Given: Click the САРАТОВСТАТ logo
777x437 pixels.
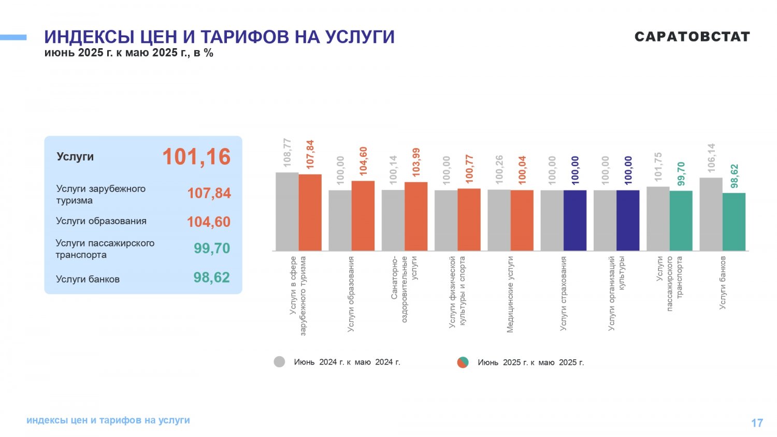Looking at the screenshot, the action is click(693, 36).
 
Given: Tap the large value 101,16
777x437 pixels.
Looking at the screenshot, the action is click(196, 157).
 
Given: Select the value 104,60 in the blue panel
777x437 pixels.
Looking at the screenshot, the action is click(208, 222).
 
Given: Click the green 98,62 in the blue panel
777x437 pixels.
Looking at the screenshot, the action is click(211, 278).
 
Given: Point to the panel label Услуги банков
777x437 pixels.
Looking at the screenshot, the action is click(88, 279).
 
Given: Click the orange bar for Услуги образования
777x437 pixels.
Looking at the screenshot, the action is click(363, 216).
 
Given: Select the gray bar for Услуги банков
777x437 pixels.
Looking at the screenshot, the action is click(711, 214).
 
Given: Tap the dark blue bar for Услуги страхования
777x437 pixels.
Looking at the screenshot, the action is click(575, 220).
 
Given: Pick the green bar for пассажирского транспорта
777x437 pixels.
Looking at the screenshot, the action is click(681, 221).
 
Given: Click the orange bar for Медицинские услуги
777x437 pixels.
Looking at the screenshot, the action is click(522, 220).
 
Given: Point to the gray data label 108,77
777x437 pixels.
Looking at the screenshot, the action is click(287, 153).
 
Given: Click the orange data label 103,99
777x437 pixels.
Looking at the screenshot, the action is click(416, 162).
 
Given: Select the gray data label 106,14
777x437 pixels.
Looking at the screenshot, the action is click(711, 158).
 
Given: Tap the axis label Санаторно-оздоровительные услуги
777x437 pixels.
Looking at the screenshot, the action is click(404, 289).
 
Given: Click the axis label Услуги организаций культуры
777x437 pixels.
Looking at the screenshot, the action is click(616, 293).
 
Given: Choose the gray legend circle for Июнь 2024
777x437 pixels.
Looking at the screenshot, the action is click(279, 362).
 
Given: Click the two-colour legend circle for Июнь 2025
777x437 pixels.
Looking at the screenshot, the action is click(463, 362).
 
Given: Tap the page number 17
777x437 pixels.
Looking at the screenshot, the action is click(757, 423).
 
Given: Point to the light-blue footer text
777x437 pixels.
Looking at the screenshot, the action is click(108, 420).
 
